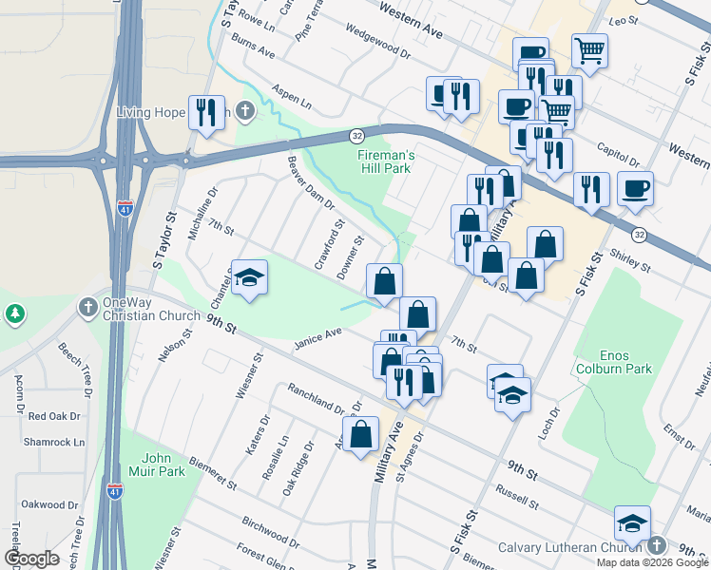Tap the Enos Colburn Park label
(x=612, y=361)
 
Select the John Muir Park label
(x=157, y=463)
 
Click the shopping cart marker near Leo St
(x=590, y=50)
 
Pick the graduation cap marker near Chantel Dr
(x=249, y=277)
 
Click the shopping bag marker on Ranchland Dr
(x=362, y=435)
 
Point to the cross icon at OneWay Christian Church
(x=87, y=308)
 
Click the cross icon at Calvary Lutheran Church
(x=656, y=546)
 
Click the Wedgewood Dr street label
(x=376, y=42)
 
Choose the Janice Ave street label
(x=317, y=336)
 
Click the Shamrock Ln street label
(x=54, y=443)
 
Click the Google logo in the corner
(x=31, y=559)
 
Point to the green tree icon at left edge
(x=15, y=313)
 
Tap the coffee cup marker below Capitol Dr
(x=635, y=188)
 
